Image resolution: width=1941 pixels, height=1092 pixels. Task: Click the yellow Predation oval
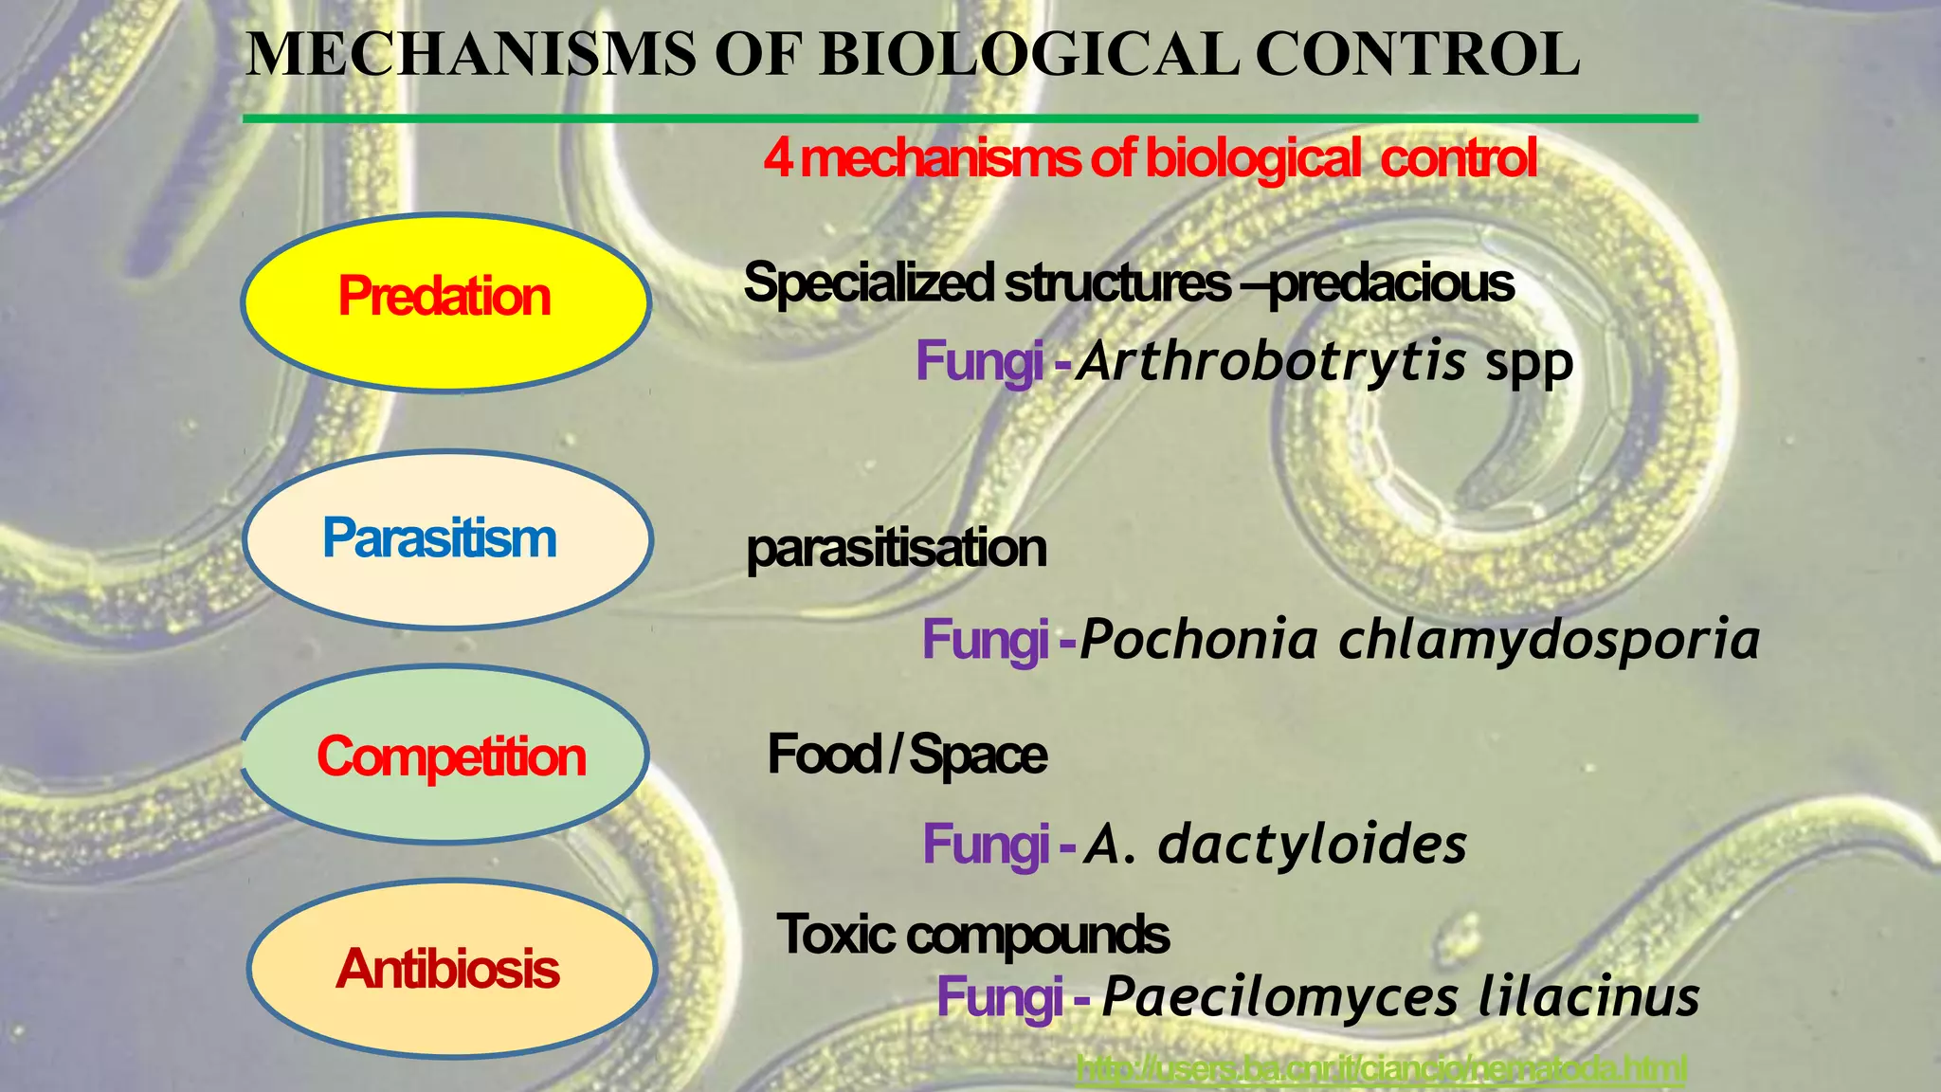pyautogui.click(x=445, y=301)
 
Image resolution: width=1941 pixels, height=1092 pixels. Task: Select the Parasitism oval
pyautogui.click(x=447, y=538)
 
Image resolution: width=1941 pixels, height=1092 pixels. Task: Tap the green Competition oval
pyautogui.click(x=445, y=755)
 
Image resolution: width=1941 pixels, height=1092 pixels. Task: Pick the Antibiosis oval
pyautogui.click(x=451, y=968)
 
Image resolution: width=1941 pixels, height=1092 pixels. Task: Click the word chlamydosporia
pyautogui.click(x=1549, y=640)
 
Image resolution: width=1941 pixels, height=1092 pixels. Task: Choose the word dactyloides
pyautogui.click(x=1313, y=844)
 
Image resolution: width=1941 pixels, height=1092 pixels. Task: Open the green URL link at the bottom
pyautogui.click(x=1382, y=1069)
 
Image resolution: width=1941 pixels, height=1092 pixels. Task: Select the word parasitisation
pyautogui.click(x=897, y=549)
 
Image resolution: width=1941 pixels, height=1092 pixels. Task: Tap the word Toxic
pyautogui.click(x=836, y=935)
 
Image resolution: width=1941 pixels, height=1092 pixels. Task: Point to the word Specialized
pyautogui.click(x=869, y=282)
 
